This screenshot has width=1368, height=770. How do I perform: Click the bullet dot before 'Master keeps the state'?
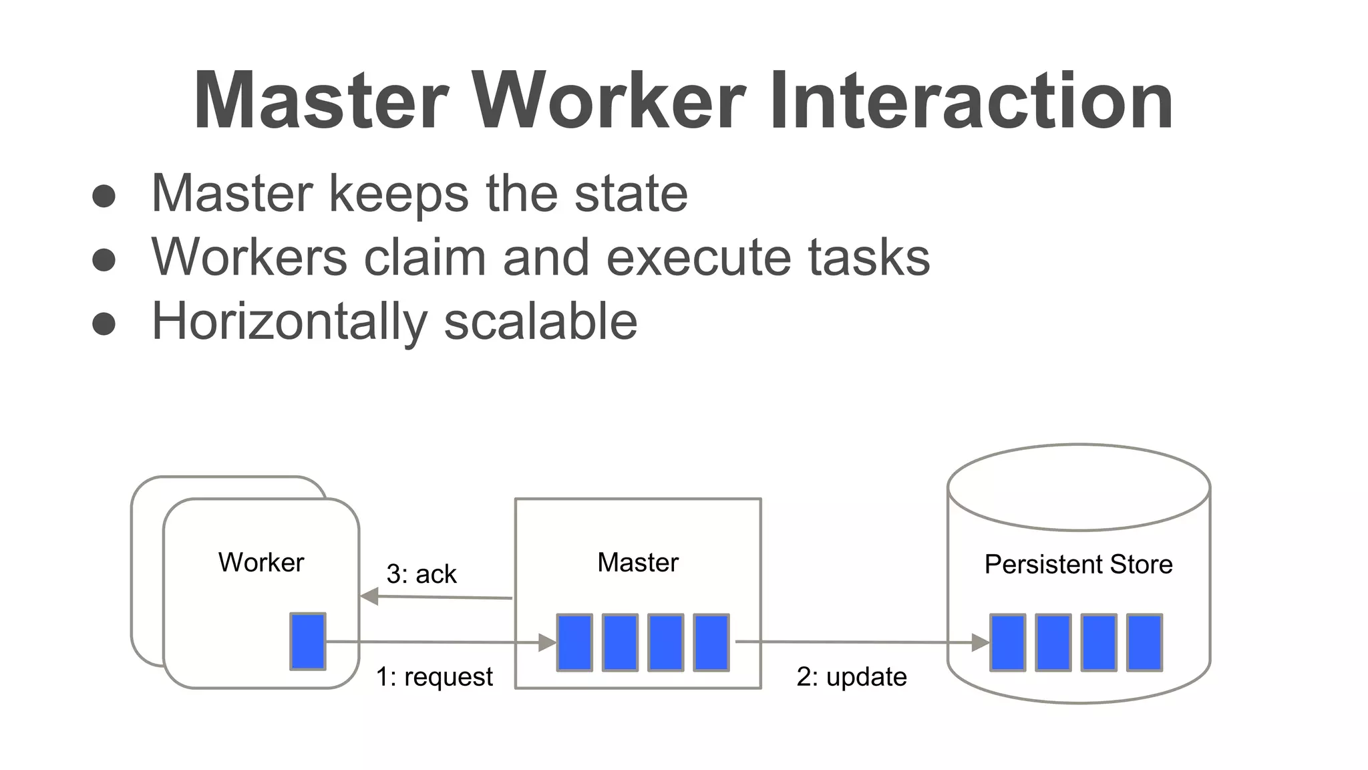pos(104,197)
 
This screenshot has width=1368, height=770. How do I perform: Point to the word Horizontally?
pos(289,322)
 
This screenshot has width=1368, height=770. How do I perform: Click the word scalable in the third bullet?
pos(540,322)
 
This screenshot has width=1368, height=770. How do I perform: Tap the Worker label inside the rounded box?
pos(261,563)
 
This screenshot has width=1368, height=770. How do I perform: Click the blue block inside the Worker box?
pos(308,642)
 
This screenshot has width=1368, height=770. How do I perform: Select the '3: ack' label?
pos(421,574)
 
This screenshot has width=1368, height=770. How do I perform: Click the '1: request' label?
pos(434,677)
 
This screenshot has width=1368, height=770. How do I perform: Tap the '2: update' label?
pos(852,677)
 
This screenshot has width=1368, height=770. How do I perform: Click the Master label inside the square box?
pos(638,563)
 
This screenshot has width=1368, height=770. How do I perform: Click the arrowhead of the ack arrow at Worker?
pos(369,596)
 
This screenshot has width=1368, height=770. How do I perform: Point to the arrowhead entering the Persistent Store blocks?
pos(980,643)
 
